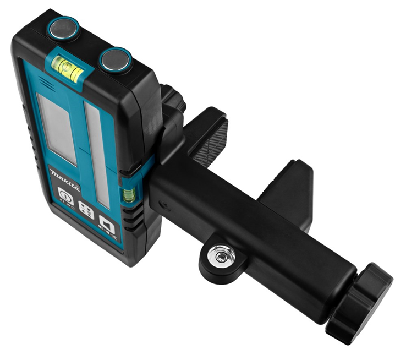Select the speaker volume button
point(106,223)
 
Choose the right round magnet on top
point(116,59)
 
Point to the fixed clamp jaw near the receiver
point(206,135)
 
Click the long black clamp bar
point(253,231)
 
